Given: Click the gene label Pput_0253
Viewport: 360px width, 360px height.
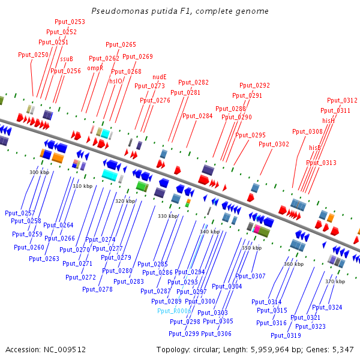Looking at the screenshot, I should coord(69,22).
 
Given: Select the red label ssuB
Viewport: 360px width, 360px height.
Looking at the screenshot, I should coord(66,59).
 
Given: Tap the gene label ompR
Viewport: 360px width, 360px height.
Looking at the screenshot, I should coord(95,68).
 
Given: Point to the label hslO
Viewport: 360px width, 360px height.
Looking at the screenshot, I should coord(116,80).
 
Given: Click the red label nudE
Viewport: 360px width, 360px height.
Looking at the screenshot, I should coord(159,77).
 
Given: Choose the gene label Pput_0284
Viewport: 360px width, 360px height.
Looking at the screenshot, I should coord(197,116).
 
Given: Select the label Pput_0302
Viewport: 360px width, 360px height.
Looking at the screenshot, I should coord(274,144).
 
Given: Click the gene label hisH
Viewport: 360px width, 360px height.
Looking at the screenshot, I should coord(328,120).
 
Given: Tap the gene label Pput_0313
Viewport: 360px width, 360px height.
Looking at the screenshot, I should coord(321,163).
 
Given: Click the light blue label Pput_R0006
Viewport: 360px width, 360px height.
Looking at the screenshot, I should coord(174,311).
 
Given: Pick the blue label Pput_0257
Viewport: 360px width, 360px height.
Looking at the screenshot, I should coord(20,213).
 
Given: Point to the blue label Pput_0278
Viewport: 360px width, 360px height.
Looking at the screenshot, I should coord(97,289).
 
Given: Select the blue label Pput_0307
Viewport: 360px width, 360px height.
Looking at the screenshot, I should coord(250,276).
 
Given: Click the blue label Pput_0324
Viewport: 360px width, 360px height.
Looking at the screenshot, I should coord(327,307).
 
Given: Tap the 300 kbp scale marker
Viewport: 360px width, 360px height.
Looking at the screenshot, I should coord(39,172).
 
